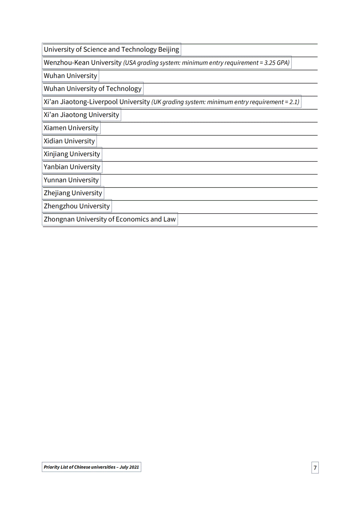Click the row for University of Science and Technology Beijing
click(111, 50)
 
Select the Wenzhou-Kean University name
click(83, 63)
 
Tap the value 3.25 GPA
click(276, 63)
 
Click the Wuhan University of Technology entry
click(93, 89)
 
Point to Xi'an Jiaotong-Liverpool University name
click(97, 102)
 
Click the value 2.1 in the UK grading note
click(294, 102)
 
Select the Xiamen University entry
click(71, 128)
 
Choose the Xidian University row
click(69, 141)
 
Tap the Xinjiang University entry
click(72, 154)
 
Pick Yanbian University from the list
click(72, 167)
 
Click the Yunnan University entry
click(71, 180)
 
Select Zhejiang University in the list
click(73, 193)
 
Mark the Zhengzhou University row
click(77, 206)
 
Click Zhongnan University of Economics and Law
click(110, 220)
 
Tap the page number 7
click(315, 468)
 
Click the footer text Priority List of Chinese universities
click(80, 467)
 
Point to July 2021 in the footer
click(129, 467)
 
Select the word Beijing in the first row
click(168, 50)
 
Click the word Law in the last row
click(169, 220)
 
